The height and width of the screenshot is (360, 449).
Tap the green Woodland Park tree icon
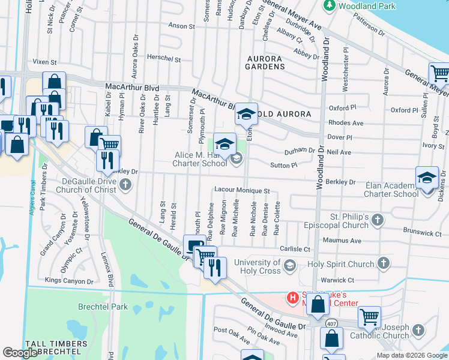point(329,5)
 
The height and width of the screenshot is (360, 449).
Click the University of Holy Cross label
point(257,266)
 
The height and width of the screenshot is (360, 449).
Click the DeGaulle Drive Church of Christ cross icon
point(125,185)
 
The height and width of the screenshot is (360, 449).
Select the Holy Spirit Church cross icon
point(382,263)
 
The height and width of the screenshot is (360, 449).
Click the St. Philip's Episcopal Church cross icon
point(377,220)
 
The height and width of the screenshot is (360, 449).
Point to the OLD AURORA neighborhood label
point(285,114)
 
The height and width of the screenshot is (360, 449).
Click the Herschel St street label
point(164,59)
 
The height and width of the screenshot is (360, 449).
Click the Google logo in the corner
point(20,352)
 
